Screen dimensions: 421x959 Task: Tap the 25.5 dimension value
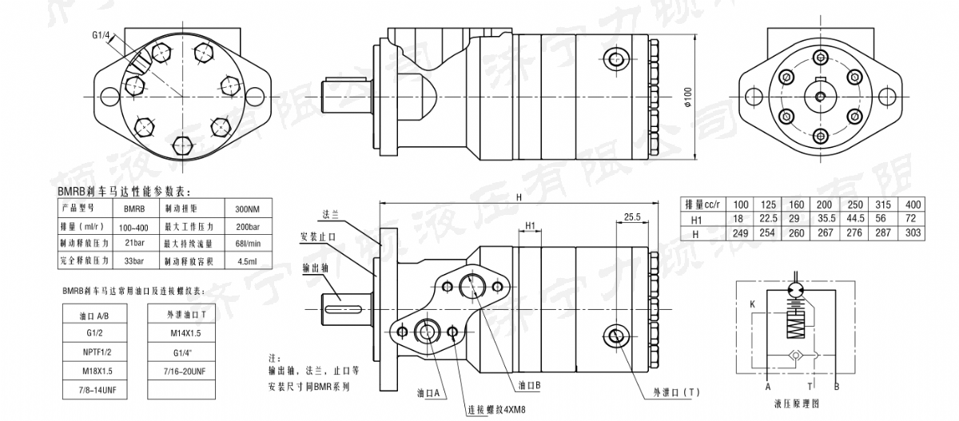[x=633, y=216]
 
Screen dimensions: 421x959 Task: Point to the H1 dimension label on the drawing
[x=529, y=226]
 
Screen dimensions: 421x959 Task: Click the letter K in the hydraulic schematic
[x=752, y=304]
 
